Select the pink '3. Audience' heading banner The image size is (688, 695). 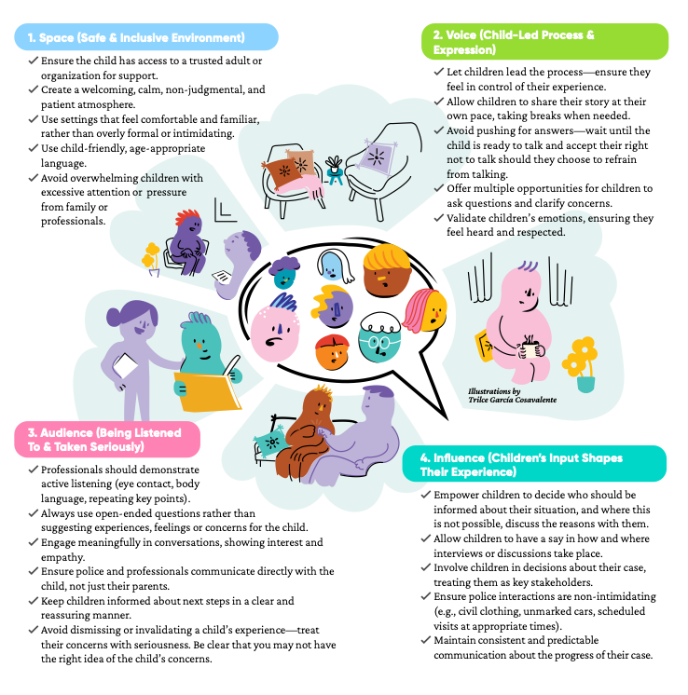pos(107,439)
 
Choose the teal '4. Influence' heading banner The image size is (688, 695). pos(534,464)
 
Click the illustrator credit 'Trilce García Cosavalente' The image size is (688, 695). pos(513,400)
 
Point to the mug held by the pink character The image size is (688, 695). pos(530,348)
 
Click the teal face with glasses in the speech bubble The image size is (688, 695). pos(379,338)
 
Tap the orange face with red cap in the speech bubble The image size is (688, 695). pos(332,352)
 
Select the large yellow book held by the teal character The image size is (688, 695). pos(208,391)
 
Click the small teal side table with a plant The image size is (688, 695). pos(335,170)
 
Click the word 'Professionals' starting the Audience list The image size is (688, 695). pos(67,470)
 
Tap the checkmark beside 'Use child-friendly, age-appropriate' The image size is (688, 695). pos(34,148)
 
